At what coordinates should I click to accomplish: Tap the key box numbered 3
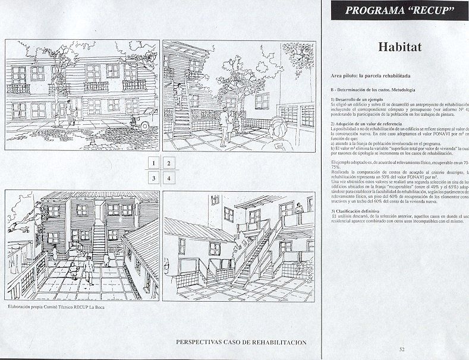tap(153, 178)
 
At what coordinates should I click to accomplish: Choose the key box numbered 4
tap(169, 178)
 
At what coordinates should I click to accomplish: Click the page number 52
tap(402, 349)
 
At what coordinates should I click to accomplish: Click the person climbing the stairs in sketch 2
tap(178, 95)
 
